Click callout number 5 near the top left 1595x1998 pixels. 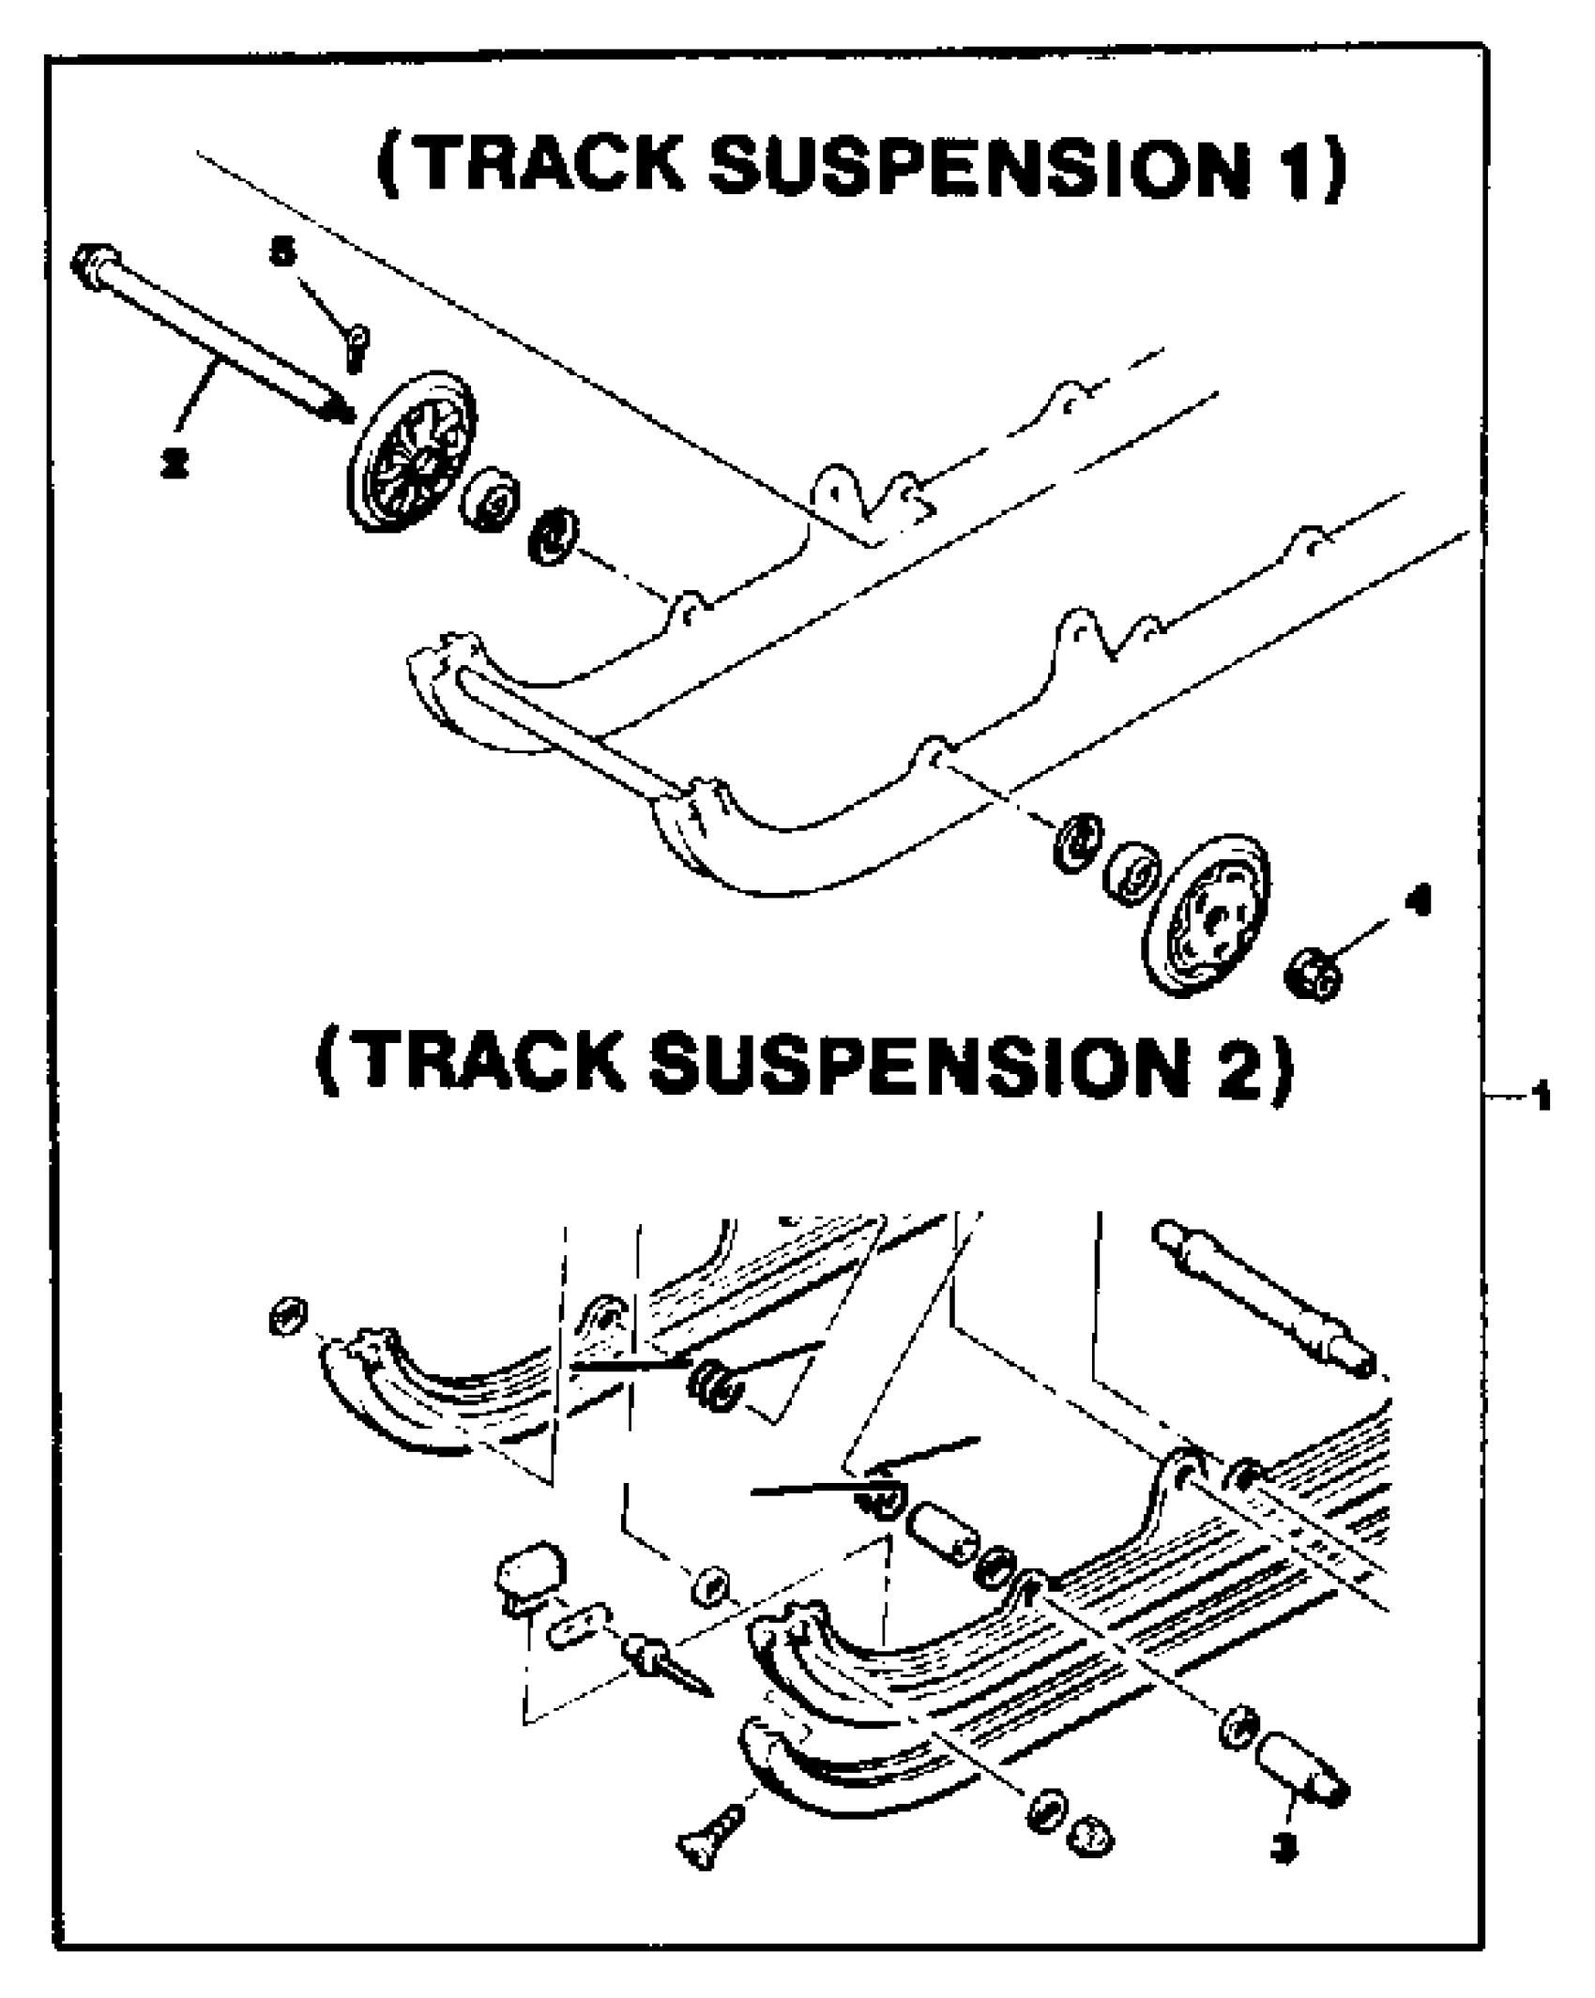(x=281, y=254)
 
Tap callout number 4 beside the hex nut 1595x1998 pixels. (x=1422, y=901)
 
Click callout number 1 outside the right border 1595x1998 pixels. (x=1539, y=1096)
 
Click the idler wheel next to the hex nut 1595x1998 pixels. (x=1208, y=915)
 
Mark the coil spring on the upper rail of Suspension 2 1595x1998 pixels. (x=715, y=1383)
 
